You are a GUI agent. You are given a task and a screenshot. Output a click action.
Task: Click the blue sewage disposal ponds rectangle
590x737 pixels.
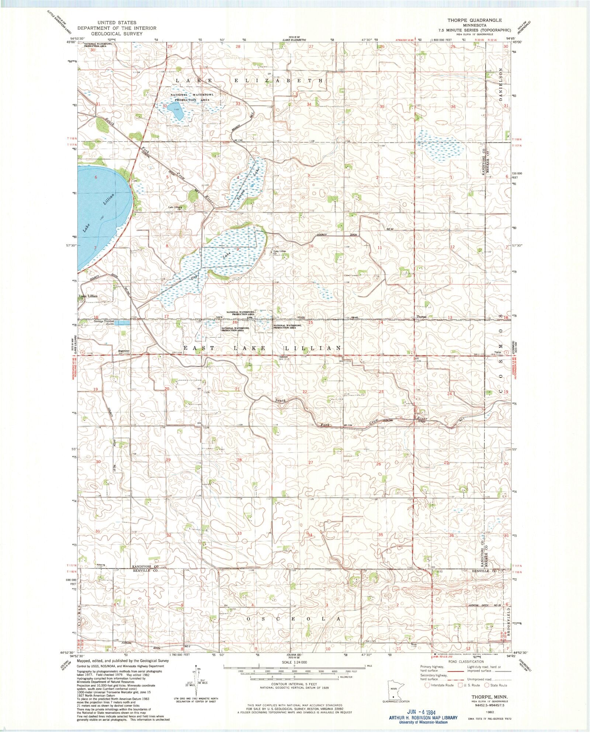(122, 323)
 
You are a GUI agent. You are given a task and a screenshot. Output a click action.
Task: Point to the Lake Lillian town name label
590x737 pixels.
(88, 296)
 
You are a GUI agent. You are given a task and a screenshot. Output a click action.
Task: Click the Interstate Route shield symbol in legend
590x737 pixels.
(427, 685)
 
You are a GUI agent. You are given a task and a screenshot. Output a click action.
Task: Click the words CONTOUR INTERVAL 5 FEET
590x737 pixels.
(294, 684)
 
